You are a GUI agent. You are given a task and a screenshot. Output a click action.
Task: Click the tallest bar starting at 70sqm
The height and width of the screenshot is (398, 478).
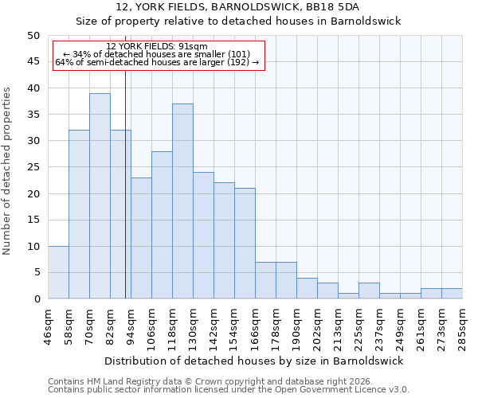(x=100, y=196)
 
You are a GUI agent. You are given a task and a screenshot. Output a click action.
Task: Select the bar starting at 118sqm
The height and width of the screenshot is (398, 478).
(x=182, y=201)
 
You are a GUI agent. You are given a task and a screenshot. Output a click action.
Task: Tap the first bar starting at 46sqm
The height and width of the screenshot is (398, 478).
(x=58, y=272)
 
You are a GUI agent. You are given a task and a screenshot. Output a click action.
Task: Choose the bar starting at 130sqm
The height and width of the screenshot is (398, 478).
(x=203, y=236)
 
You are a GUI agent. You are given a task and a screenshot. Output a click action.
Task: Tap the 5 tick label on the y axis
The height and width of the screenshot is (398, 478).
(x=36, y=273)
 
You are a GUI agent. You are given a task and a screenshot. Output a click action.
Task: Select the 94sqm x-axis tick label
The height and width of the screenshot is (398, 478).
(x=131, y=326)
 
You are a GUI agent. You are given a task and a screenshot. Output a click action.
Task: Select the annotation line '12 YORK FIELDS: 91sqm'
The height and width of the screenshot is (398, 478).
(x=157, y=47)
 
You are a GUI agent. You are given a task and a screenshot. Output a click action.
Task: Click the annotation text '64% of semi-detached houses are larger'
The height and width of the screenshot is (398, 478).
(x=157, y=62)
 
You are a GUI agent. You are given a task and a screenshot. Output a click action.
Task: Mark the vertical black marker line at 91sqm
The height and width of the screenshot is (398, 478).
(x=125, y=183)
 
